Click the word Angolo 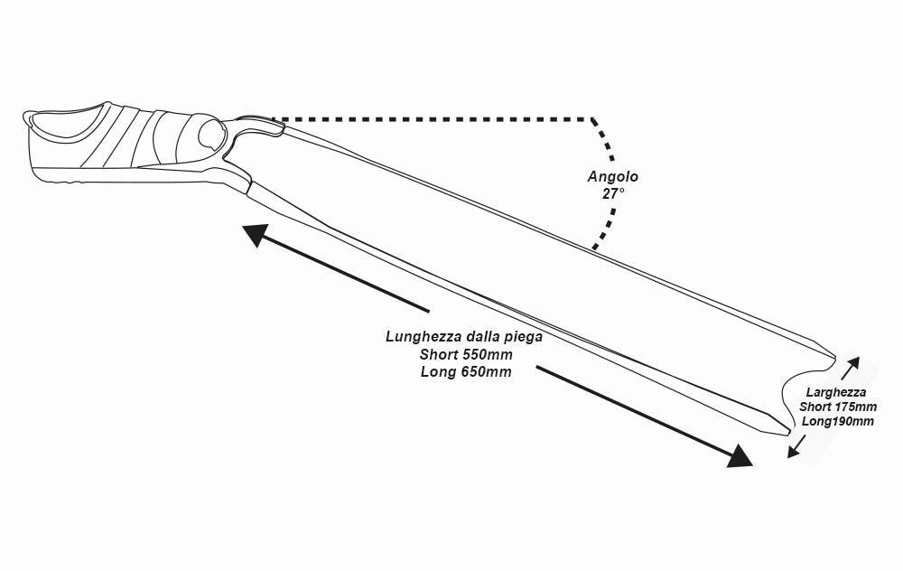pos(613,177)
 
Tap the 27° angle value pos(613,193)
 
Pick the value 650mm pos(485,371)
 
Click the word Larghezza pos(837,392)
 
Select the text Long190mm pos(837,421)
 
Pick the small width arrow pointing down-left pos(795,446)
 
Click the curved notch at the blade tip pos(795,388)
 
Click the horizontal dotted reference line pos(433,118)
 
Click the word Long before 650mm pos(438,371)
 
